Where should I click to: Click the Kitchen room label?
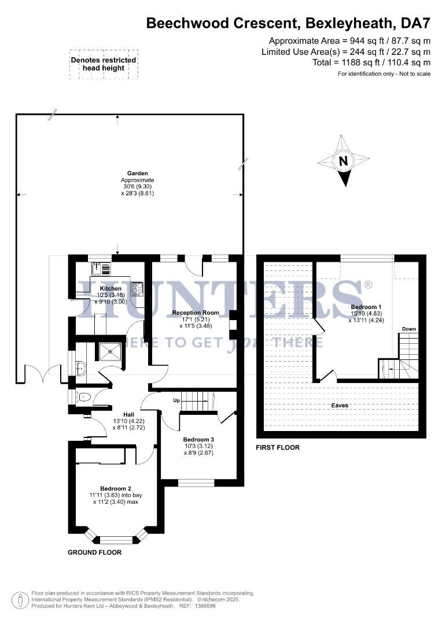pos(110,288)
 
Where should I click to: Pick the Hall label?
pos(120,413)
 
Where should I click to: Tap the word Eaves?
pos(340,406)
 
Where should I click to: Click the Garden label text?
pos(138,173)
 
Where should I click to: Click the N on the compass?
pos(343,161)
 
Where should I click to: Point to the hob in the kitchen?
pos(137,288)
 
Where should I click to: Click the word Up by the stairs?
pos(177,400)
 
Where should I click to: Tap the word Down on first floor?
pos(409,329)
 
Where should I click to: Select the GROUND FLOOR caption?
pos(95,552)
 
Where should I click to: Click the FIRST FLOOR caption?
pos(278,448)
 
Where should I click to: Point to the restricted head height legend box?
pos(104,64)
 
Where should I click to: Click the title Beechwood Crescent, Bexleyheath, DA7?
pos(288,23)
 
